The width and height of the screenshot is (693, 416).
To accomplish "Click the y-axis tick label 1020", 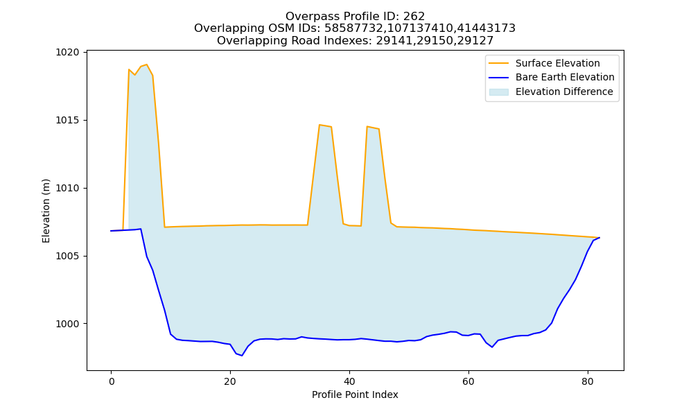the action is tap(67, 53).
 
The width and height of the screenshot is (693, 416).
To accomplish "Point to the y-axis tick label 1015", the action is tap(67, 120).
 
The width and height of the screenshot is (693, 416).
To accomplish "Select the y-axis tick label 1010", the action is tap(67, 189).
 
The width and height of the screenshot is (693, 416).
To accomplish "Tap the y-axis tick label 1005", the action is tap(67, 256).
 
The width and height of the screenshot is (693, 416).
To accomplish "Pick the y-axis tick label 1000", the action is tap(67, 324).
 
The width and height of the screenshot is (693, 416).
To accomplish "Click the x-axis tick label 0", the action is tap(111, 381).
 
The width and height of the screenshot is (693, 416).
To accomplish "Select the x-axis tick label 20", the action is tap(230, 381).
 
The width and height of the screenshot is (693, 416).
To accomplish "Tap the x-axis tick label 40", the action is tap(349, 381).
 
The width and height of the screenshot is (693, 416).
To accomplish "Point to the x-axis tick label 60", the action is tap(468, 381).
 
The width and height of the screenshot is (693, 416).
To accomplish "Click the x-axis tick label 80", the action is tap(588, 381).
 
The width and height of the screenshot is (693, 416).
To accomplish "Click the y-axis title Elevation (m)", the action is tap(46, 211).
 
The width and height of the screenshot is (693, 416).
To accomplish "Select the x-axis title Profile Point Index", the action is tap(355, 395).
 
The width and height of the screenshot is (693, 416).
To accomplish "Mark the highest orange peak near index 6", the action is tap(147, 64).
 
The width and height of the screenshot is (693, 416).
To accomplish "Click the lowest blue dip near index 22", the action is tap(242, 356).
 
